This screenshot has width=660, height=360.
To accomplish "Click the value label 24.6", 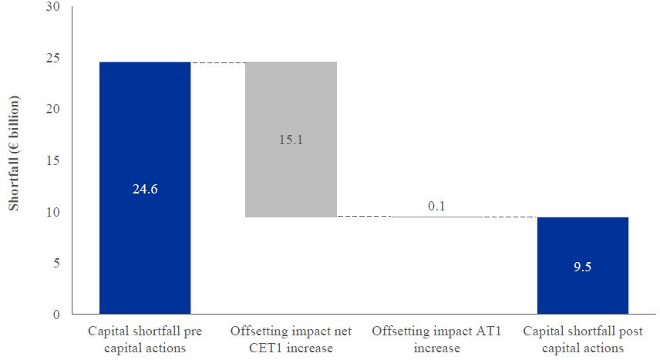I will pos(145,189).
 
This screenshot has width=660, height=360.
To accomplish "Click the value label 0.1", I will pos(437,206).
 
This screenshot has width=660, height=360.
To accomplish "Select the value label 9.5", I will pos(582,267).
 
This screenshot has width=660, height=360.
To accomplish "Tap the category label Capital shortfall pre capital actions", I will pos(145,339).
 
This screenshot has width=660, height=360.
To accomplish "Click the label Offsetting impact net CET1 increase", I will pos(291,339).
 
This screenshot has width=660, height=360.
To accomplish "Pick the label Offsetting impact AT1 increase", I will pos(437,339).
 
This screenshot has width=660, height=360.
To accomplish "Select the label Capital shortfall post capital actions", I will pos(582,339).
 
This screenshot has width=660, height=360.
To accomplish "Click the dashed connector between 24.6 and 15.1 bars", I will pos(217,62).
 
